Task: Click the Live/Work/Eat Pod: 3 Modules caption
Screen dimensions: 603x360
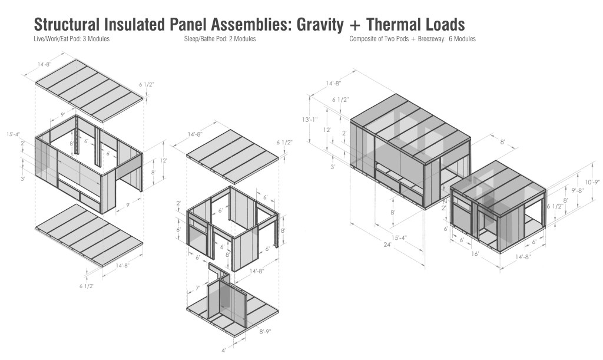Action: [x=71, y=39]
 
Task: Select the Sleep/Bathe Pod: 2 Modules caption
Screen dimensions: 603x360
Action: [x=220, y=39]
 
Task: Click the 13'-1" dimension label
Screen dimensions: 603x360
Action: [x=310, y=120]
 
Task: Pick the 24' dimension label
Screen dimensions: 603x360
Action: [x=387, y=245]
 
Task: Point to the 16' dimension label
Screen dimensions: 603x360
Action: [x=475, y=254]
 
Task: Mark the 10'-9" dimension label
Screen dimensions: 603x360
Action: [x=592, y=182]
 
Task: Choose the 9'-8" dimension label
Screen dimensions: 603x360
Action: [x=577, y=190]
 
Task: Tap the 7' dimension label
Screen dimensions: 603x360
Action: [x=198, y=288]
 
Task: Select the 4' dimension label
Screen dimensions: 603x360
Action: [x=224, y=351]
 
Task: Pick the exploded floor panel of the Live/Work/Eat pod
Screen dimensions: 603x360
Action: [x=90, y=236]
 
